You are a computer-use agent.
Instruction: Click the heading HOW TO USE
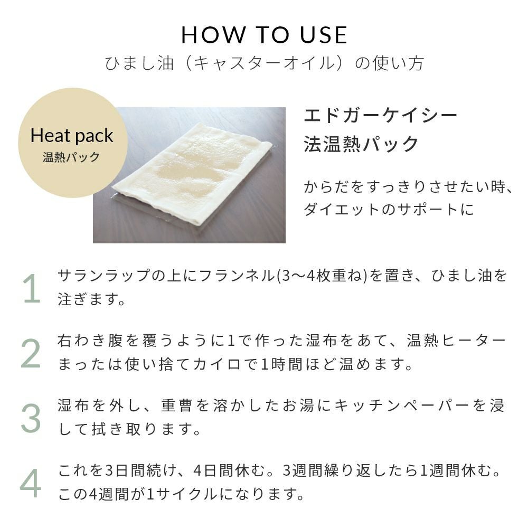point(264,35)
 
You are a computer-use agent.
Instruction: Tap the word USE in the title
point(323,35)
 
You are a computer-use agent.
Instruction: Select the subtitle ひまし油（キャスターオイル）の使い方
point(264,63)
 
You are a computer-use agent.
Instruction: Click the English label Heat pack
point(72,136)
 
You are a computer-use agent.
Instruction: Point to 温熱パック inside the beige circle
point(71,157)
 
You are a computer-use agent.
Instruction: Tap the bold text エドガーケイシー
point(380,116)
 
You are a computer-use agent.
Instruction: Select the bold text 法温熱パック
point(361,144)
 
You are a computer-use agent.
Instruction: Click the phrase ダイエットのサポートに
point(389,210)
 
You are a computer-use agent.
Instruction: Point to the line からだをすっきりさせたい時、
point(409,187)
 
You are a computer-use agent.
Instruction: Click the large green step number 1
point(32,289)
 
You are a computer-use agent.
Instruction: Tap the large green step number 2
point(31,353)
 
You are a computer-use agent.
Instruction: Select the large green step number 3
point(31,418)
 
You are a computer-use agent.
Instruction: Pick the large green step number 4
point(31,483)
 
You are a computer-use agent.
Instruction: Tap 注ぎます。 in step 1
point(91,299)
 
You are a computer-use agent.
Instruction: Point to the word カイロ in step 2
point(218,364)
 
